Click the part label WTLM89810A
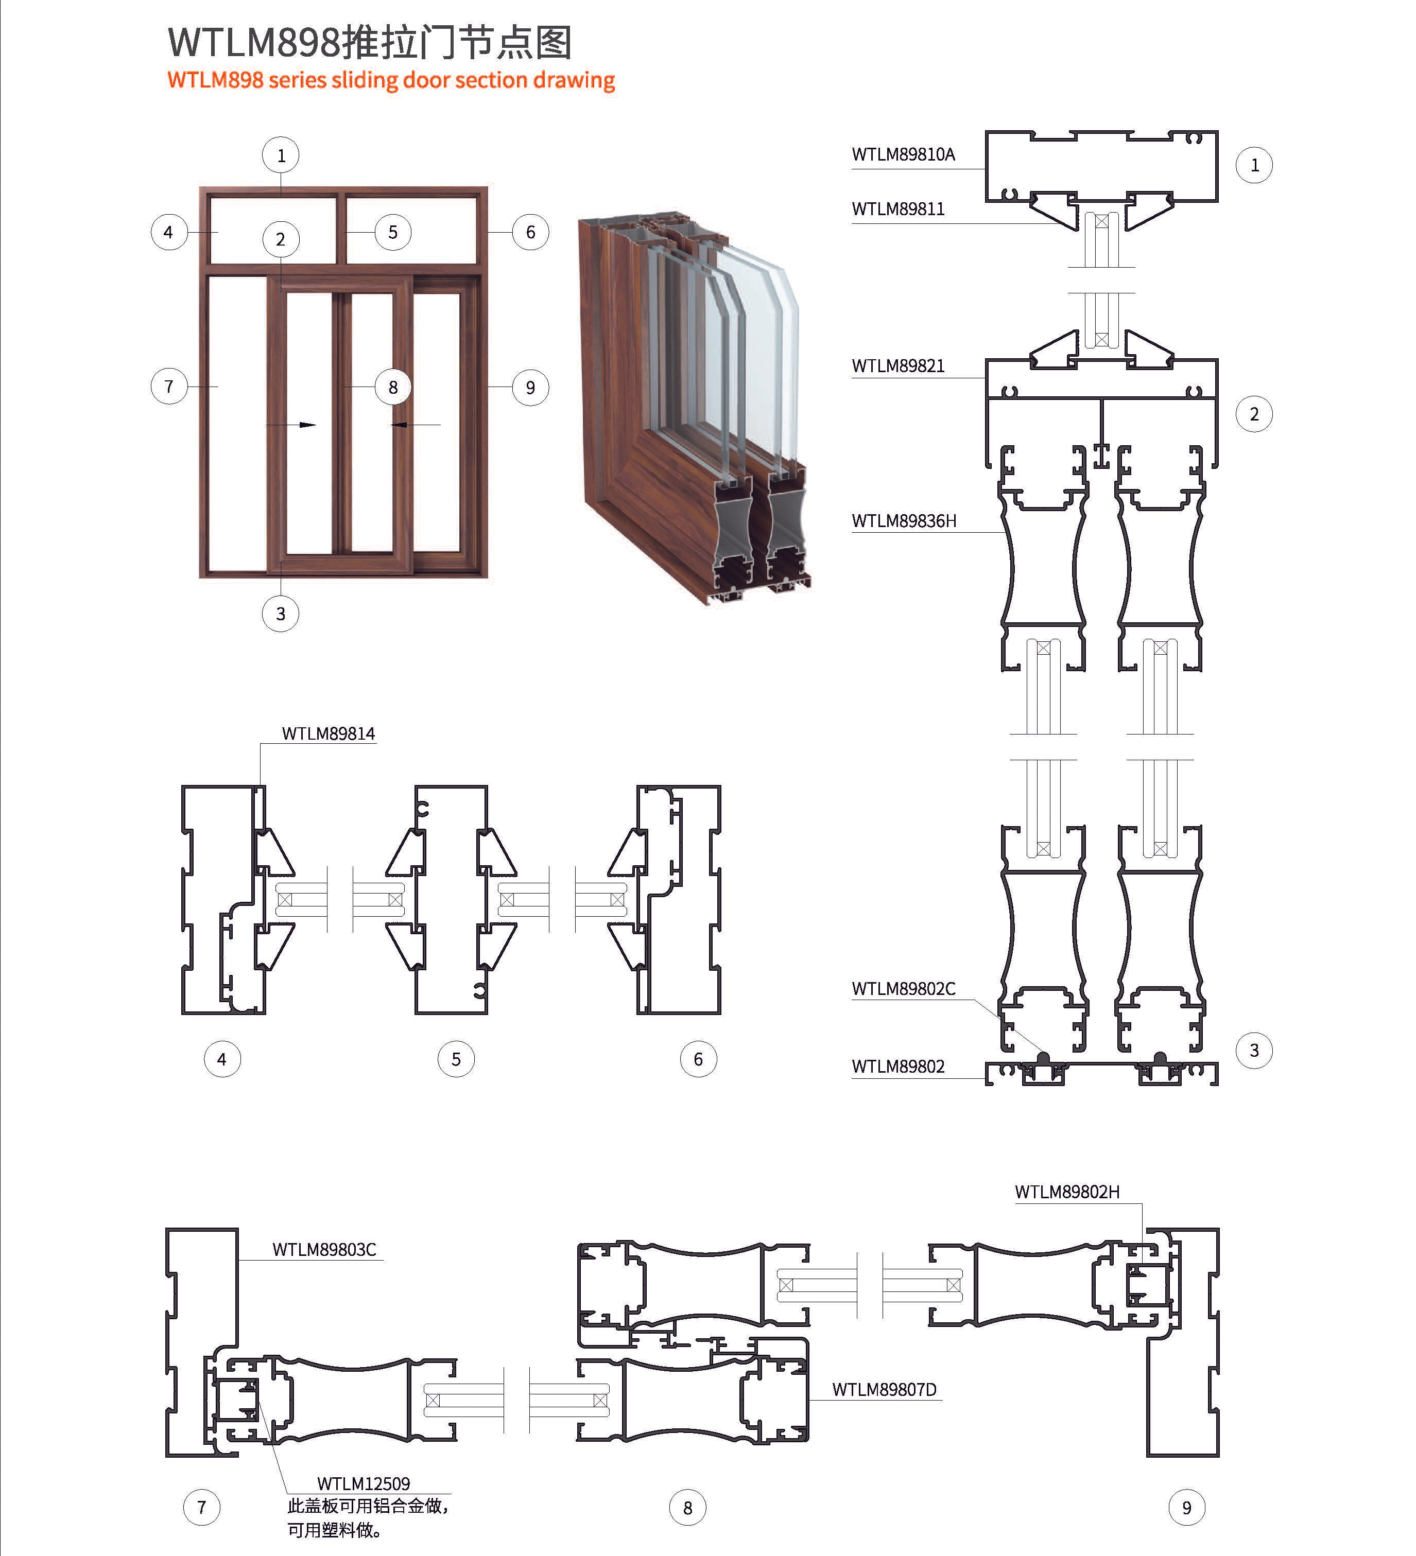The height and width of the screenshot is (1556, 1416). (903, 154)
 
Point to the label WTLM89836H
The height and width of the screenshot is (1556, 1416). (903, 521)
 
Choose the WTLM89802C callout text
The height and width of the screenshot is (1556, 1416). (903, 989)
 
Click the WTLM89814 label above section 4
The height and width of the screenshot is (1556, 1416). (328, 733)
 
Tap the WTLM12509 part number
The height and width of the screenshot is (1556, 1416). (363, 1483)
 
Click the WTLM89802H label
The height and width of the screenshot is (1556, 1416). (1066, 1192)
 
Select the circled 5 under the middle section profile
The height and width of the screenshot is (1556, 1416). (456, 1059)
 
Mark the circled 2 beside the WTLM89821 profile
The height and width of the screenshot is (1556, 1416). (1254, 414)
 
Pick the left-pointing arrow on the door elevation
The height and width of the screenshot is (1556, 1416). (400, 425)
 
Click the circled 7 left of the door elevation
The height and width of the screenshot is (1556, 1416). (169, 386)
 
